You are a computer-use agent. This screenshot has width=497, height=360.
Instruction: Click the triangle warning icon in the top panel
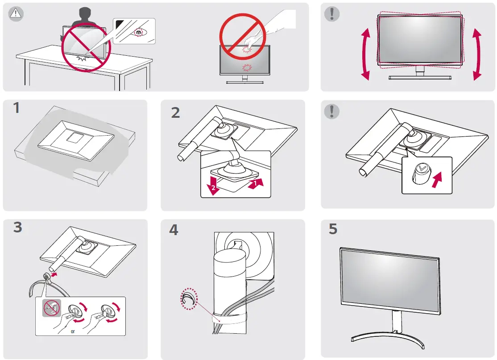(x=16, y=13)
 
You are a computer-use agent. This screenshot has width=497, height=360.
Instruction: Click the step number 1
(x=17, y=109)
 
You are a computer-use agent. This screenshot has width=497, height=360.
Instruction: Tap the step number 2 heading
(x=176, y=112)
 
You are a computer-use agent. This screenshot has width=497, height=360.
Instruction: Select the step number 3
(x=17, y=228)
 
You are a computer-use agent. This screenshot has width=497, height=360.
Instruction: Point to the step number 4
(x=174, y=230)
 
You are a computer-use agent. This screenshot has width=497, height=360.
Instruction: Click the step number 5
(x=333, y=229)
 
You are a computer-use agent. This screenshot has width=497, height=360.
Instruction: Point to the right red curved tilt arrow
(x=477, y=54)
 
